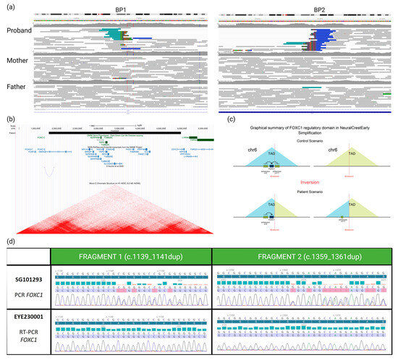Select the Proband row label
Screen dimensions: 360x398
(x=18, y=32)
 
